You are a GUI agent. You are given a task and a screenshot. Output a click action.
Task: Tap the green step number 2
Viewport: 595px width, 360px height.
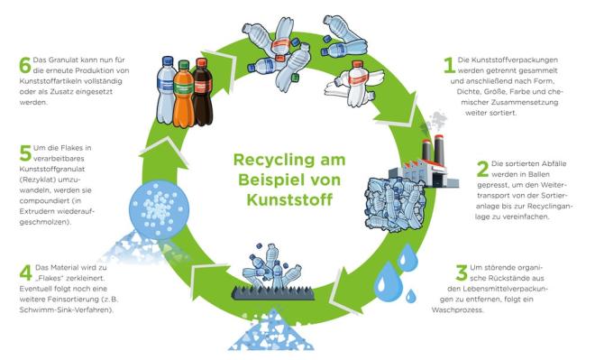[x=482, y=168]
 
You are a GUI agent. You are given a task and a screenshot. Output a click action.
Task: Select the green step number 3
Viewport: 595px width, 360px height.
[x=461, y=271]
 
